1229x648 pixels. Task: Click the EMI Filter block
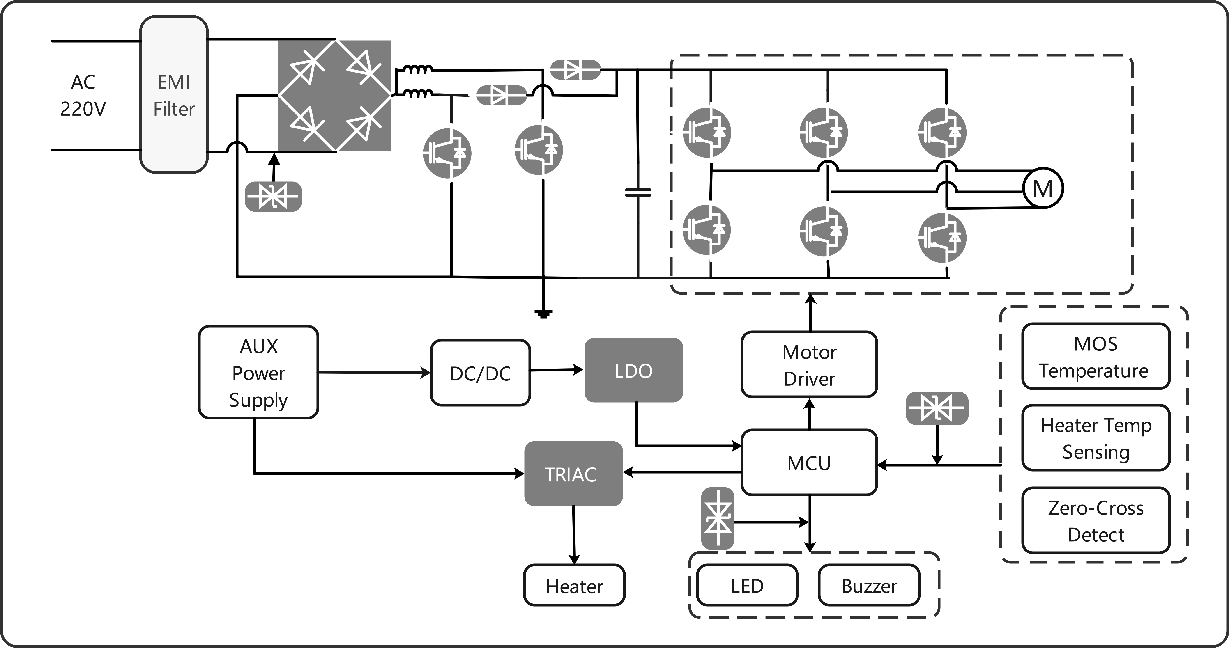coord(174,94)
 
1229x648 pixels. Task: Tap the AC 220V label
coord(83,95)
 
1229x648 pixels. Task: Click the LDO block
coord(634,370)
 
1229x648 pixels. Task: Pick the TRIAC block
coord(573,474)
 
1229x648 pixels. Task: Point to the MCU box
coord(809,463)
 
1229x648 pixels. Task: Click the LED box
coord(747,585)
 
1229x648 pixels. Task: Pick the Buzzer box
coord(869,585)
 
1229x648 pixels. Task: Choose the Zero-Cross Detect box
coord(1096,520)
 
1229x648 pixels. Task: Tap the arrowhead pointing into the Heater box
coord(574,559)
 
